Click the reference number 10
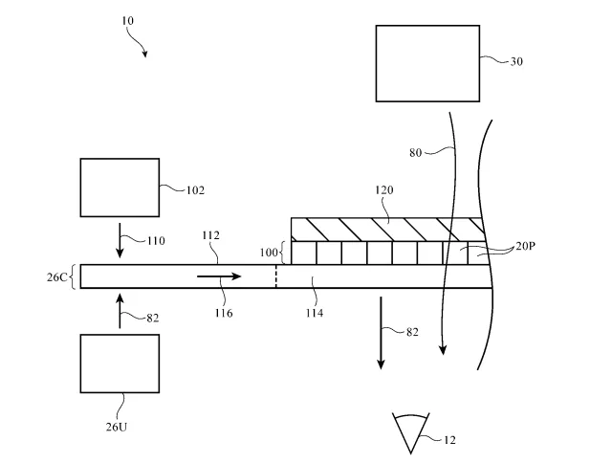point(127,20)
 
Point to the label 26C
point(56,277)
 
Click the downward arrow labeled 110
point(120,240)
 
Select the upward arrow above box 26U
point(120,311)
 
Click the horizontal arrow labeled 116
point(219,276)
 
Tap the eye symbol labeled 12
point(411,433)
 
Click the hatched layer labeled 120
point(387,230)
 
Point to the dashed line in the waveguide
point(276,276)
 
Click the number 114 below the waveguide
point(315,313)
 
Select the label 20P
point(525,246)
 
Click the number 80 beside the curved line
point(416,153)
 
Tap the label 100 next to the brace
point(269,253)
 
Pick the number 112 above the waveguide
point(210,235)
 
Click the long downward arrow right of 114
point(381,333)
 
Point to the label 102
point(195,190)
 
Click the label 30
point(516,61)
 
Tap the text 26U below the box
point(117,427)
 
